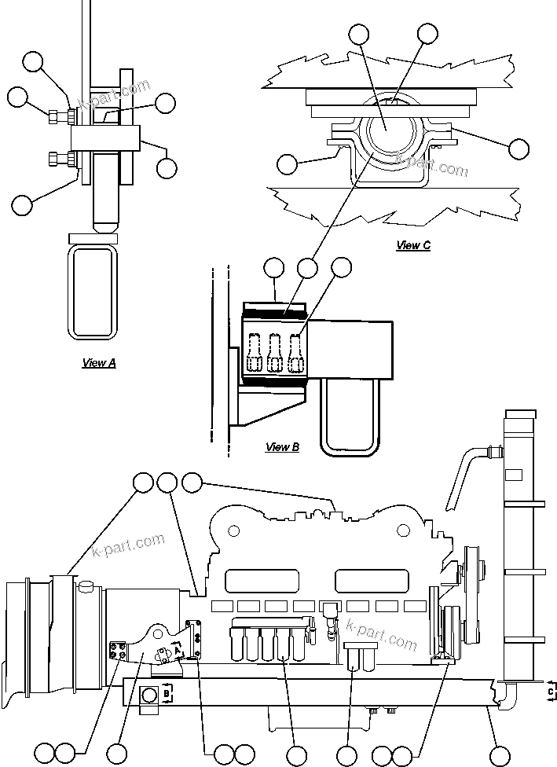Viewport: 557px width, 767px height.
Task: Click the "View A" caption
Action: [x=99, y=363]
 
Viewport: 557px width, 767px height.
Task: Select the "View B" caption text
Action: [x=282, y=447]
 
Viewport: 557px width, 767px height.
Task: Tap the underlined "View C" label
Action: [x=413, y=245]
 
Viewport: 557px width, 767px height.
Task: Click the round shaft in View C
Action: [x=387, y=131]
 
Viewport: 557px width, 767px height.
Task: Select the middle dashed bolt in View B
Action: [x=275, y=353]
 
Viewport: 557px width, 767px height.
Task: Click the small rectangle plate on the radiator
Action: [x=514, y=475]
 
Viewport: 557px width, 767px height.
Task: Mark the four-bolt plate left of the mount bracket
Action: [x=118, y=651]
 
